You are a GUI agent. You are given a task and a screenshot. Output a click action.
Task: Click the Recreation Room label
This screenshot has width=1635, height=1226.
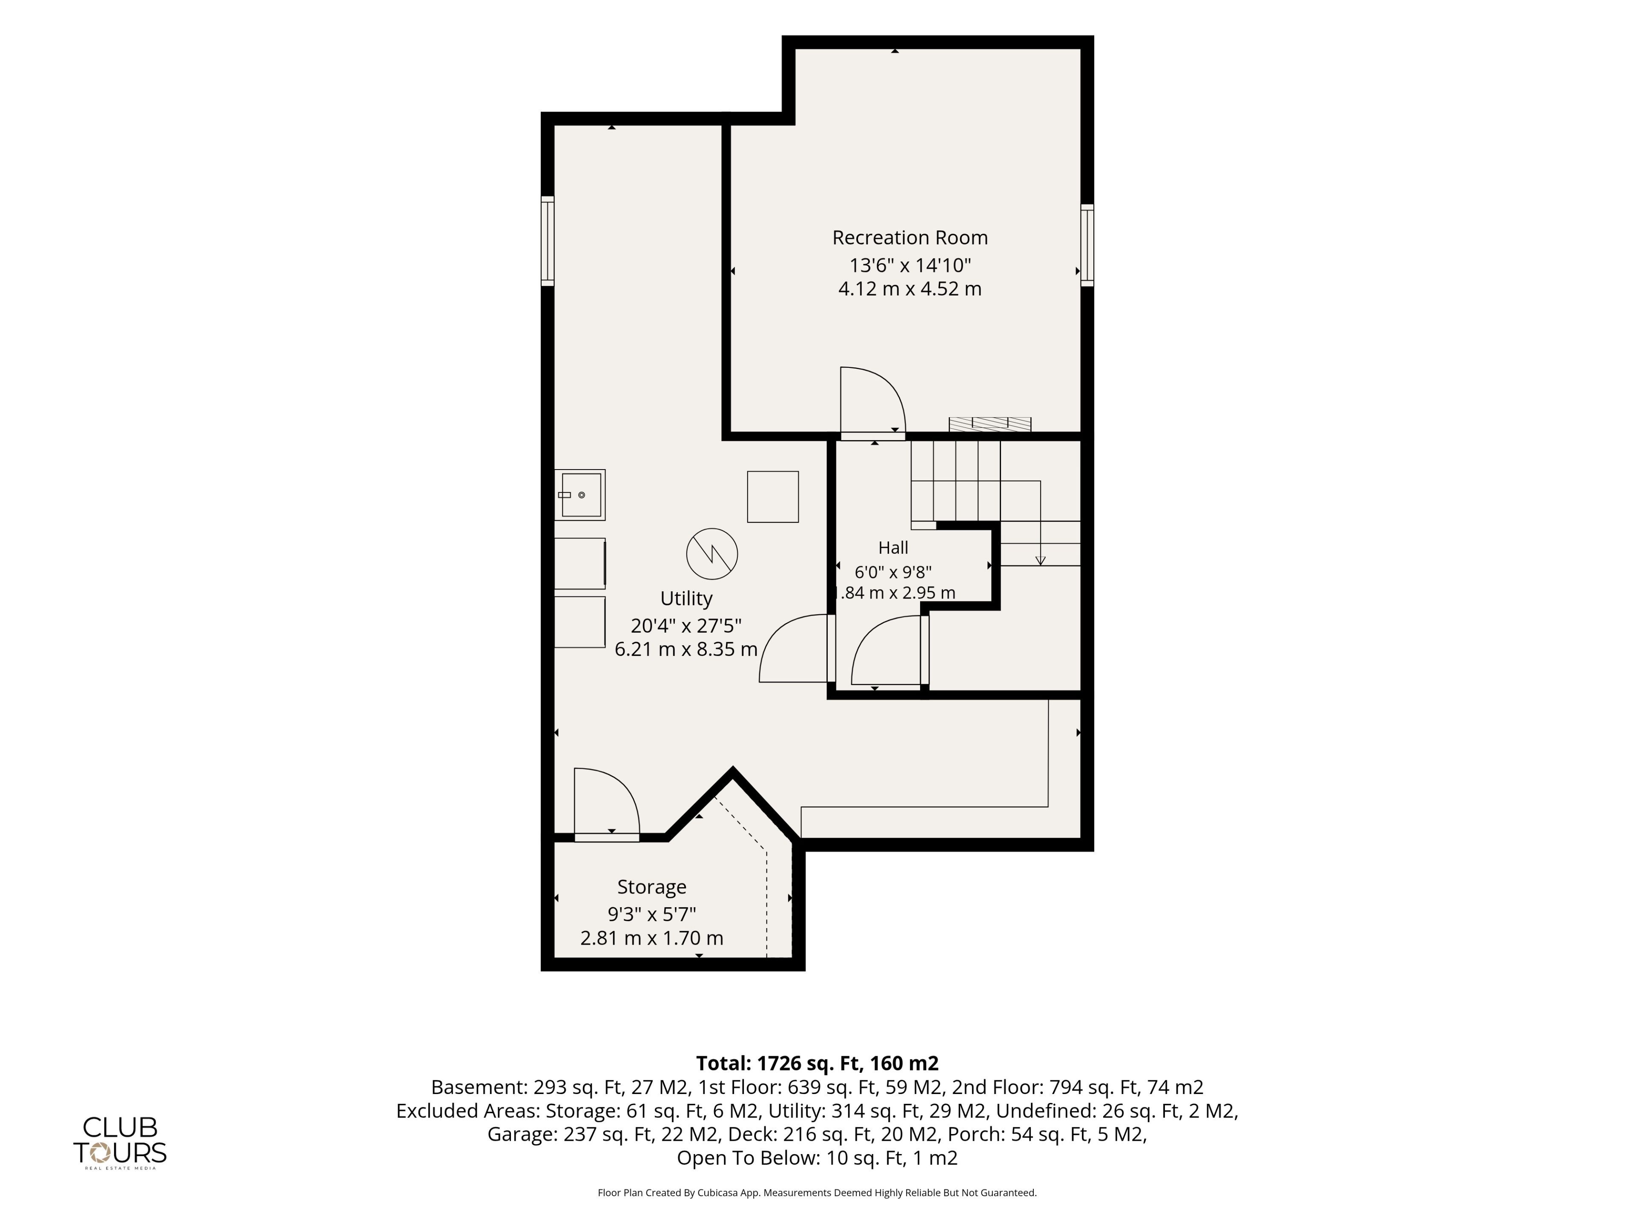(x=910, y=238)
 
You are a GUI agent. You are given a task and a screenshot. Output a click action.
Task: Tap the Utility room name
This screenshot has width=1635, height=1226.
(x=686, y=599)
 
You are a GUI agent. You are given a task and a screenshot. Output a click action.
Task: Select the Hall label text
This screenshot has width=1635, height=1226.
(x=893, y=547)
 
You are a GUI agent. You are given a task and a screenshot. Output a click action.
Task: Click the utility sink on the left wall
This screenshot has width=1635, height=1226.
(x=580, y=494)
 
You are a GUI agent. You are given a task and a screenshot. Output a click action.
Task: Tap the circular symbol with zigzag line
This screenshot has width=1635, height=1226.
(x=712, y=553)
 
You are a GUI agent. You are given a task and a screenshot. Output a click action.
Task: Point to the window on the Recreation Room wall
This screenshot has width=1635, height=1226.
(x=1087, y=245)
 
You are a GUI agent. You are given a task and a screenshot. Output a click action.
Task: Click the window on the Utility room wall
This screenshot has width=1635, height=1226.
(x=548, y=241)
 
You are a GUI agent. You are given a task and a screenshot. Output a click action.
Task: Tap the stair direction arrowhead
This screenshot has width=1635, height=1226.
(x=1041, y=560)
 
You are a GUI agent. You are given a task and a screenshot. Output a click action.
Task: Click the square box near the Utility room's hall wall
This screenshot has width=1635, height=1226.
(x=773, y=497)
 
